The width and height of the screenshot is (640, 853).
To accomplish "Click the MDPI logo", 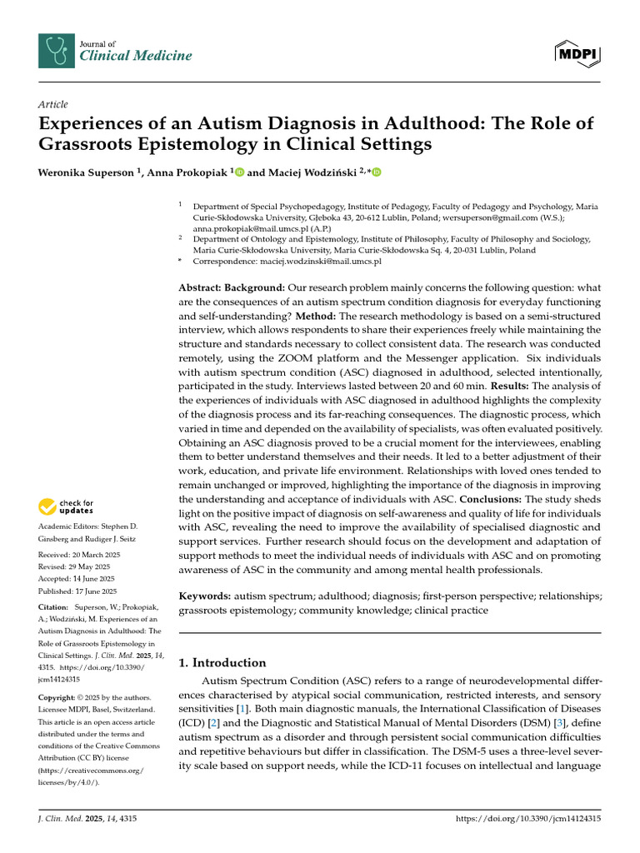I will coord(577,53).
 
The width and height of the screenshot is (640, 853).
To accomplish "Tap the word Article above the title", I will coord(53,104).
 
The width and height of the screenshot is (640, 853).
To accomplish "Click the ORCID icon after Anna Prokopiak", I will coord(239,172).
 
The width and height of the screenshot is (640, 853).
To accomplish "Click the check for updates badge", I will coord(65,506).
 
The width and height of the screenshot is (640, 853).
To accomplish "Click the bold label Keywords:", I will coord(205,596).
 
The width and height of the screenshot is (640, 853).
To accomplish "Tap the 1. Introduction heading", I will coord(223,663).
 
